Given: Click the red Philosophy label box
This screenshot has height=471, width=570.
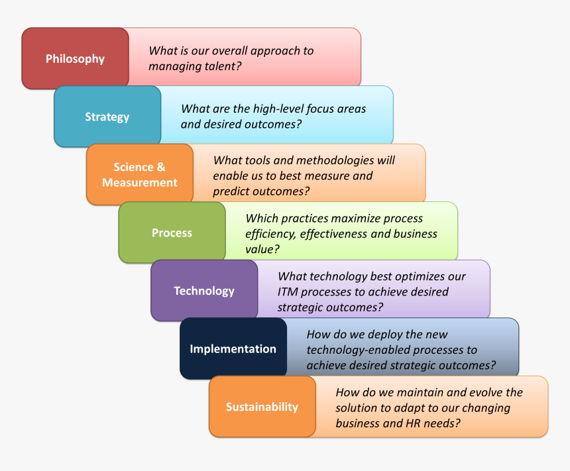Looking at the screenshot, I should point(75,58).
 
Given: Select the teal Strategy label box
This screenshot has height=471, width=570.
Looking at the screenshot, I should point(107,117).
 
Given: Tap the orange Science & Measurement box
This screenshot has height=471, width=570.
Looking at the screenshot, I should point(140,174).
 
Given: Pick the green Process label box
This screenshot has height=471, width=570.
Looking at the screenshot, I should point(172,233).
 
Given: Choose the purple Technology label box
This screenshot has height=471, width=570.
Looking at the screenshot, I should point(204,291).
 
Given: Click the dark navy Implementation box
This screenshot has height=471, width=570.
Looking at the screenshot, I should point(233,348).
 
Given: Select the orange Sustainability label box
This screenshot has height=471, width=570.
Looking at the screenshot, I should point(262,407).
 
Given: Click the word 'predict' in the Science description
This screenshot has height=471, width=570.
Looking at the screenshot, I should point(231,191).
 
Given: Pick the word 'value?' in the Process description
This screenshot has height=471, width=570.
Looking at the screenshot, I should point(262,249).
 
